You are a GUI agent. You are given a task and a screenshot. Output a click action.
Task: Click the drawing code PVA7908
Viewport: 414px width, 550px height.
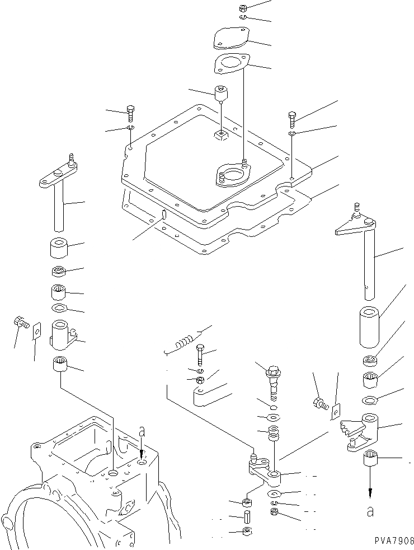click(x=391, y=541)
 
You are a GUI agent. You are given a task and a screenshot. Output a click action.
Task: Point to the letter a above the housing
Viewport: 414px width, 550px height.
click(x=142, y=432)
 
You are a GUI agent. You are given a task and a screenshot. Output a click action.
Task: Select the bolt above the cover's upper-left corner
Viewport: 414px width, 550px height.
click(x=130, y=113)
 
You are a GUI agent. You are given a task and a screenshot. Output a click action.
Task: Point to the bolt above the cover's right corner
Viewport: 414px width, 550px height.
click(x=293, y=119)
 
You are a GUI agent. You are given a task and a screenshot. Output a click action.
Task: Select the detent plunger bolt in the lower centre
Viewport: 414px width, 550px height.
click(x=273, y=376)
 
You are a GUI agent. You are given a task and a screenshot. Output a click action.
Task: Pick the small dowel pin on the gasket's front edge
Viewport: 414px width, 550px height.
click(x=163, y=214)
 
